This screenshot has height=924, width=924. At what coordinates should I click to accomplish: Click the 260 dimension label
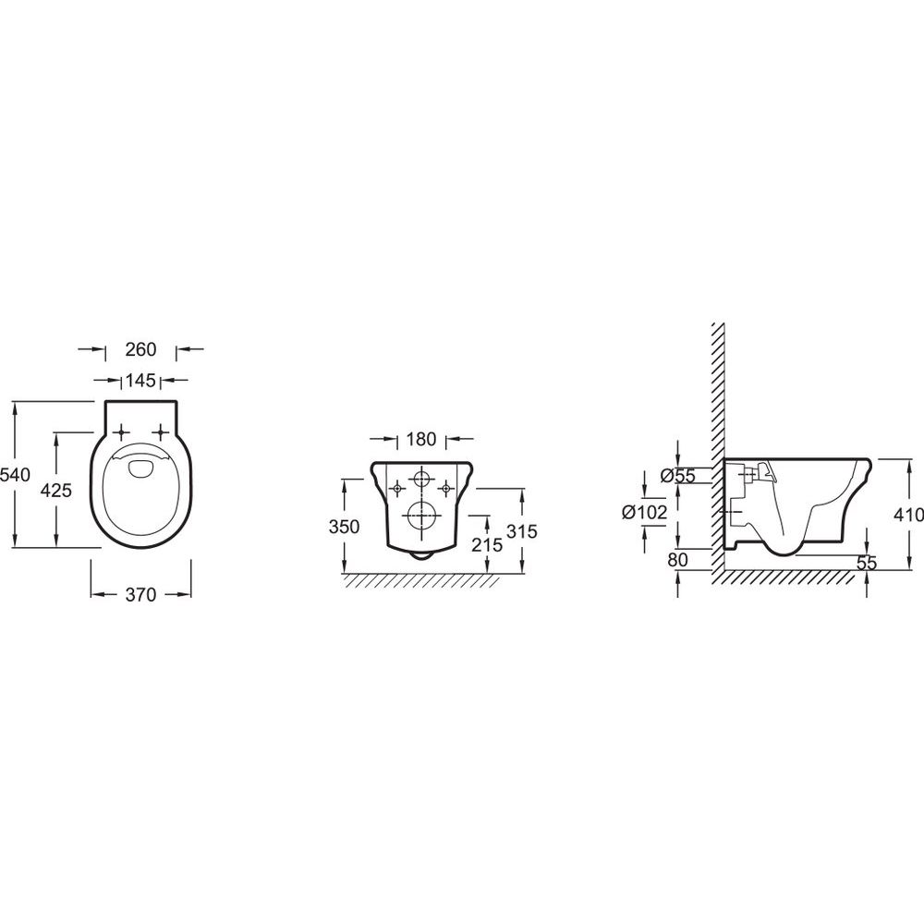140,349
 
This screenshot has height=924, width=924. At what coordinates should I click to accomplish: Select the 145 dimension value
140,381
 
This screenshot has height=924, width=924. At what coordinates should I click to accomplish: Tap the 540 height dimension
15,474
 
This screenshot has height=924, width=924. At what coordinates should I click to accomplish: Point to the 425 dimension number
56,490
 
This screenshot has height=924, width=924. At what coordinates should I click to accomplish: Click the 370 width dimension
140,594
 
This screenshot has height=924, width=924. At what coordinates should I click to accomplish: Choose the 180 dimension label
420,439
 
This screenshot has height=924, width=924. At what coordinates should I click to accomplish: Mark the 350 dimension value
344,527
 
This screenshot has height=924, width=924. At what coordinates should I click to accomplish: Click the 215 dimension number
487,545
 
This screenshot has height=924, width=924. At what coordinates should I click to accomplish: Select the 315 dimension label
522,531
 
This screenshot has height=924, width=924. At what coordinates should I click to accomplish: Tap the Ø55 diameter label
678,476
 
